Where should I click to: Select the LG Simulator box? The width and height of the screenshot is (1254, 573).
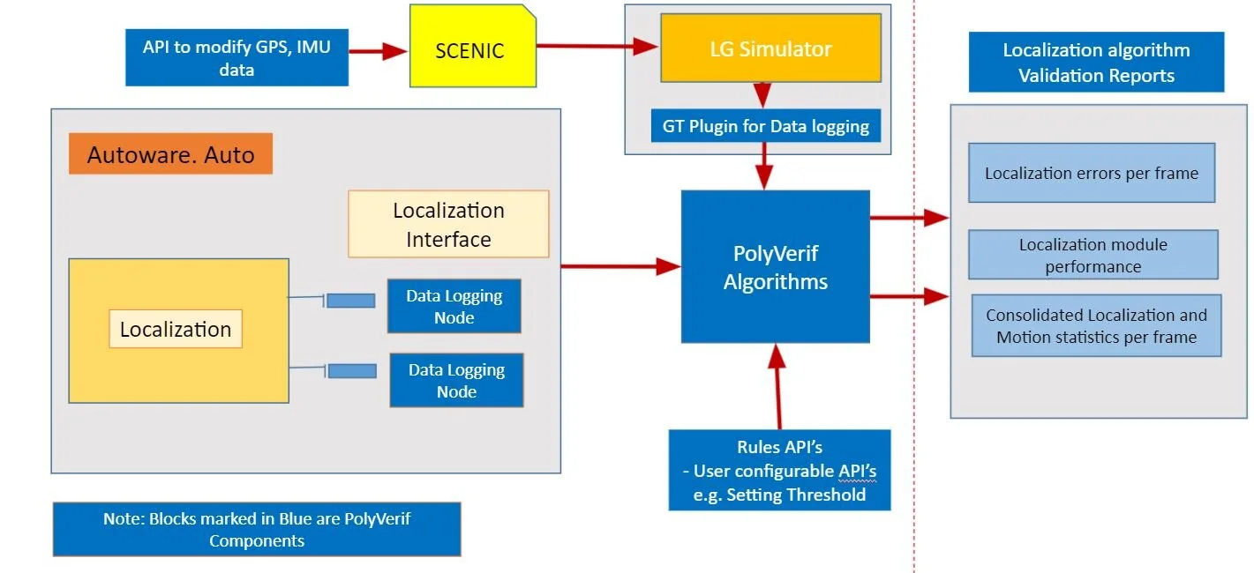click(x=770, y=48)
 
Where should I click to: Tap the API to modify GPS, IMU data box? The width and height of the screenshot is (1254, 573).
click(x=237, y=58)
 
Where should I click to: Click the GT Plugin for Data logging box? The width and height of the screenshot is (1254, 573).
click(x=765, y=126)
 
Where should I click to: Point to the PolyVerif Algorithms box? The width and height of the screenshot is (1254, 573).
click(x=775, y=267)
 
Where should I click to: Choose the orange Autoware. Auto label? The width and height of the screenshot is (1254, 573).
click(x=170, y=155)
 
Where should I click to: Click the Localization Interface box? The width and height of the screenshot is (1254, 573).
click(x=448, y=224)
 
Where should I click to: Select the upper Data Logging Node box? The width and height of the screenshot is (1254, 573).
click(x=454, y=306)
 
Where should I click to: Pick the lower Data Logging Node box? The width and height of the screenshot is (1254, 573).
click(x=456, y=380)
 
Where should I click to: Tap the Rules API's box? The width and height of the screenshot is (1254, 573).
click(x=779, y=470)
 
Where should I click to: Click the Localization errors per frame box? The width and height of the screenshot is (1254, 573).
click(x=1091, y=173)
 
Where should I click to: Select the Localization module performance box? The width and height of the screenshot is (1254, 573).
click(x=1093, y=255)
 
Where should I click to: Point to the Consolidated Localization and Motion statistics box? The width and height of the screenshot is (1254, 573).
click(x=1096, y=325)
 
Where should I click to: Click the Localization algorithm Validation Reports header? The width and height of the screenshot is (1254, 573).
click(x=1096, y=62)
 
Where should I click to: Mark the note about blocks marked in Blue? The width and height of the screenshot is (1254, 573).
click(x=256, y=529)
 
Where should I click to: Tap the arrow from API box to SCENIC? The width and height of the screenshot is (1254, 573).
click(x=379, y=52)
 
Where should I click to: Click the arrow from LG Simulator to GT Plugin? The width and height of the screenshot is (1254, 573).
click(x=762, y=94)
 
